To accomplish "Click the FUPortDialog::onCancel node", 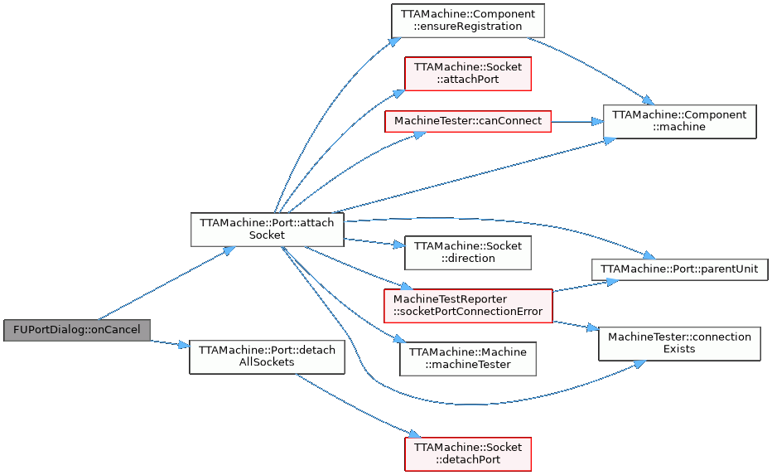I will (77, 329).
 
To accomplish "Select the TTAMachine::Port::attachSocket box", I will (267, 229).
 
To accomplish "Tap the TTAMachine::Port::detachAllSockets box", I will (267, 356).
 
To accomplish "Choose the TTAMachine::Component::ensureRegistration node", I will (467, 20).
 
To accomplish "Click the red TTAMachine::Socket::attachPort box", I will (467, 73).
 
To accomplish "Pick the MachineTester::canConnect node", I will (467, 121).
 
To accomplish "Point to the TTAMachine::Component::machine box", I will (679, 120).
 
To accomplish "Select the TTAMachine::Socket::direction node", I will (467, 252).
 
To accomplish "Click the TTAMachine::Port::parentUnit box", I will (679, 269).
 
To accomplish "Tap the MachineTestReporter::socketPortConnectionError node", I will (467, 305).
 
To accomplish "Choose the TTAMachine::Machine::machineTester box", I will (467, 358).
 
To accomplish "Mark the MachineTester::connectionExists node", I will (679, 342).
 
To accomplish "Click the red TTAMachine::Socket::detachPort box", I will (467, 453).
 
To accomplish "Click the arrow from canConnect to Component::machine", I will (577, 121).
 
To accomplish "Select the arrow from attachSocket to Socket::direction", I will (373, 242).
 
